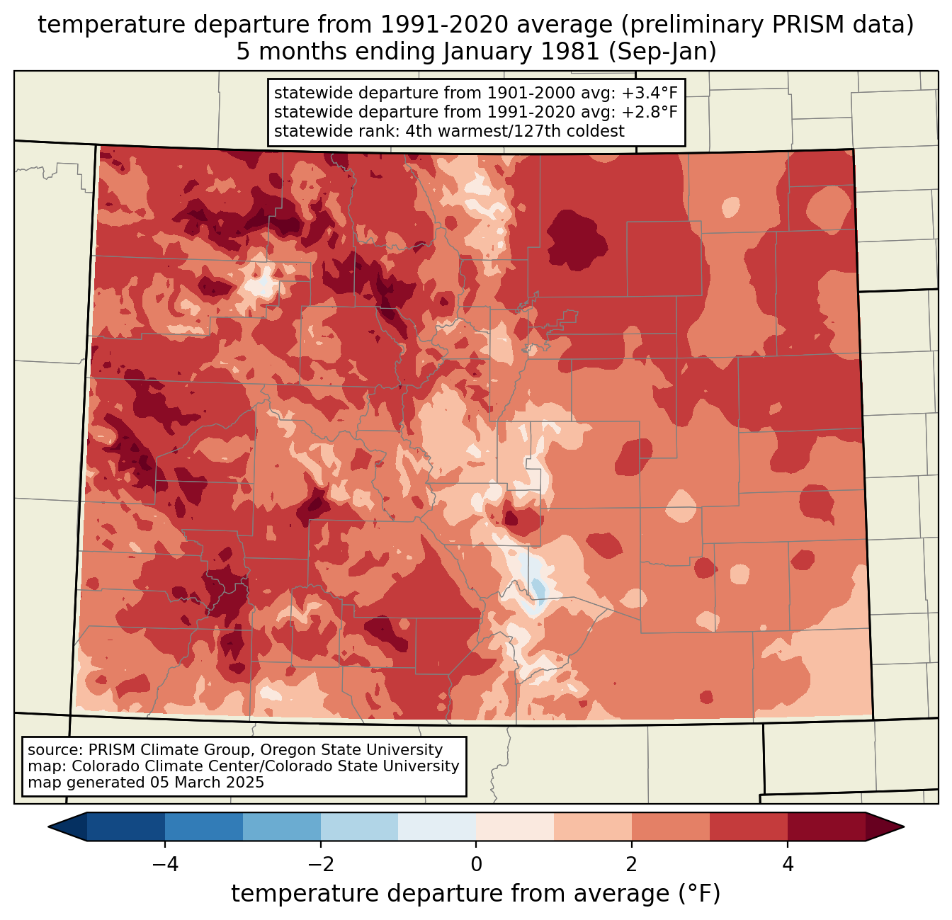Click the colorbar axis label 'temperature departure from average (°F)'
(476, 894)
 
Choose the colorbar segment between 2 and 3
(670, 827)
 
